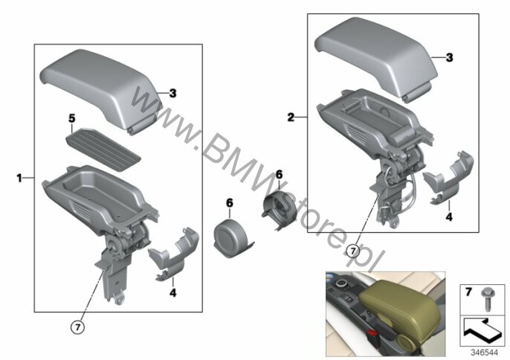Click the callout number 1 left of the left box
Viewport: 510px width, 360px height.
point(19,178)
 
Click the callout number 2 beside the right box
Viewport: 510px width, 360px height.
point(291,118)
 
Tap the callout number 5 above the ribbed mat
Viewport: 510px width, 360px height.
point(71,118)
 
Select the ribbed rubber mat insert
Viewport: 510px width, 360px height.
point(103,149)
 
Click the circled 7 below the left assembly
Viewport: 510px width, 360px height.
point(77,327)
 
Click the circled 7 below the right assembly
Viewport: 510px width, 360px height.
point(353,251)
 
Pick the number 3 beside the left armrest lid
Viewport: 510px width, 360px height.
point(172,94)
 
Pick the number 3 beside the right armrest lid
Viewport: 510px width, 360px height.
point(449,58)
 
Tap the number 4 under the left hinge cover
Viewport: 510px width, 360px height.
point(172,292)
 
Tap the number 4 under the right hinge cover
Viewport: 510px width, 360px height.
point(449,216)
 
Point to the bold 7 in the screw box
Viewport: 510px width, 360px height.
point(468,292)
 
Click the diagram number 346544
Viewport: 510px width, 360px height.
point(485,353)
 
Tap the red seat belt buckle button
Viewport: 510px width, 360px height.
point(372,334)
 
